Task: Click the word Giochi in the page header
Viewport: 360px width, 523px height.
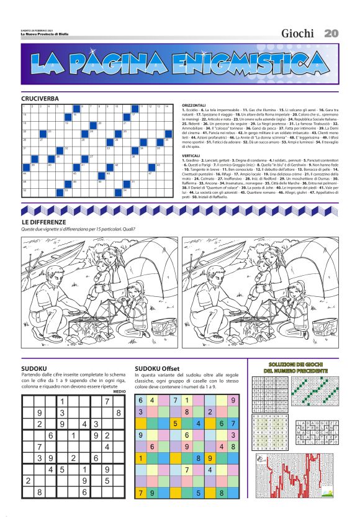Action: (297, 33)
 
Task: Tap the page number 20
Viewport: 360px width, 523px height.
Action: (331, 33)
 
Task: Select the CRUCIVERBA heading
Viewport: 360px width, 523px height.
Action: (40, 99)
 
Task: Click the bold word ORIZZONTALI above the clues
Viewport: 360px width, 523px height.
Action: (194, 106)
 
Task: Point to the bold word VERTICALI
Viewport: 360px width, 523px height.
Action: (192, 155)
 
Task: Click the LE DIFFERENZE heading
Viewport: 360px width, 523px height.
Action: (43, 222)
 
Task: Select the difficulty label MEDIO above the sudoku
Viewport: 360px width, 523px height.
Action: (120, 391)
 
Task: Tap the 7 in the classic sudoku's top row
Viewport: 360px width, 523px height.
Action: (107, 401)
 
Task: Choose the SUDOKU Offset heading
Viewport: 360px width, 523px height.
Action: (157, 368)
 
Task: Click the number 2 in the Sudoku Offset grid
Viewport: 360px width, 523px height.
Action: (210, 412)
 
